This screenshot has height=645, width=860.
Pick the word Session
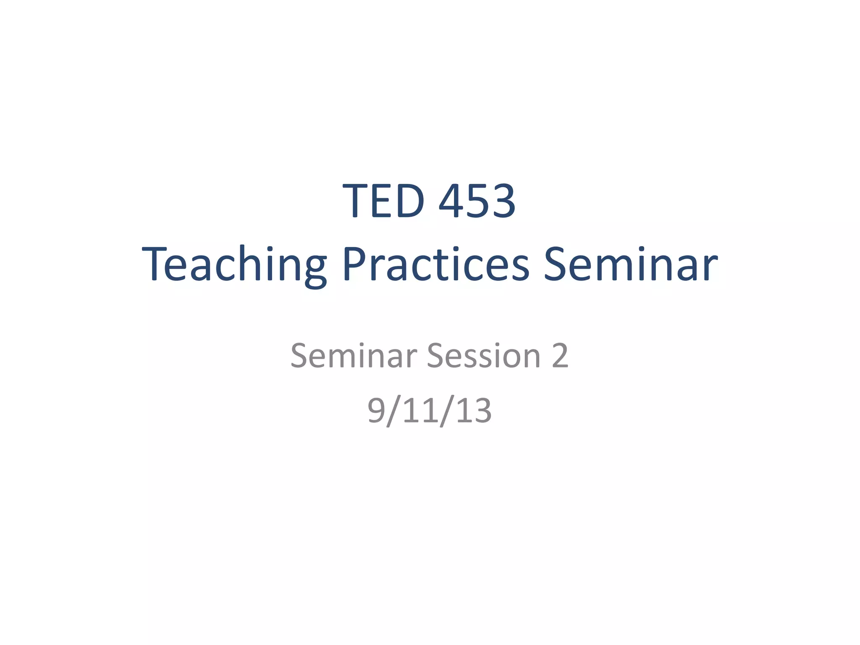[483, 356]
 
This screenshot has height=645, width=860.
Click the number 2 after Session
[560, 356]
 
